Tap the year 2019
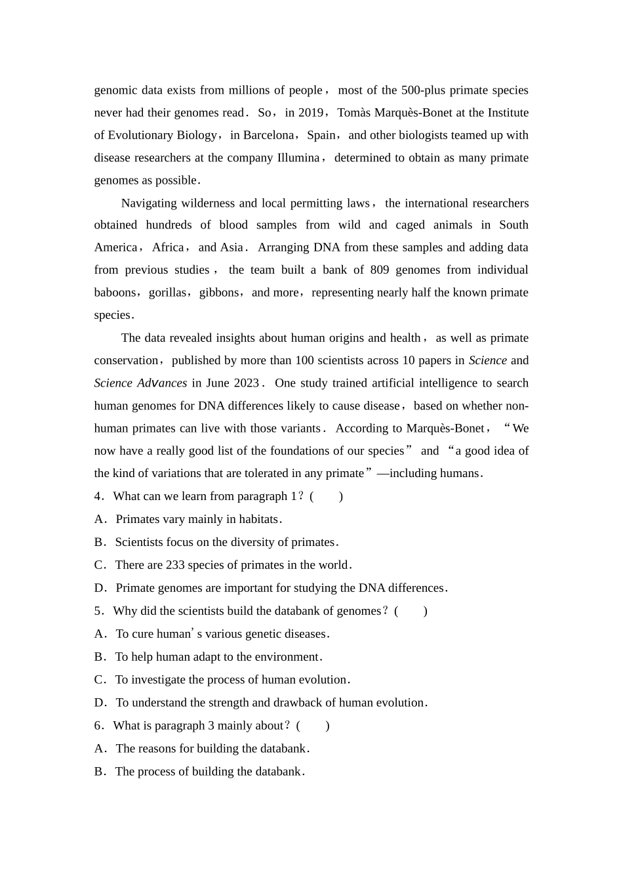[311, 113]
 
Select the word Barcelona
[268, 135]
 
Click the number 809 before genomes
[380, 270]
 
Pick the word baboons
[115, 293]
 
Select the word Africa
[168, 247]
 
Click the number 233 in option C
[175, 565]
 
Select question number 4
[98, 496]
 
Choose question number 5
[98, 611]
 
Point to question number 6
[98, 726]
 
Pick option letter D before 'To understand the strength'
[100, 703]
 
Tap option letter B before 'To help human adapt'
[99, 657]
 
